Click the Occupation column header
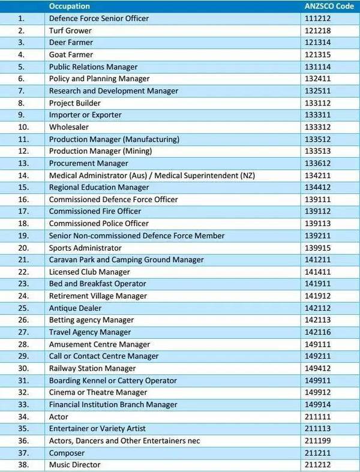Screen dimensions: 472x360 (x=69, y=6)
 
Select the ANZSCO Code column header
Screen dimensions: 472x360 (x=329, y=6)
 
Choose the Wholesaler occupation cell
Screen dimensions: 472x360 (x=68, y=127)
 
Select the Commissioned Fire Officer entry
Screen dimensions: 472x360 (x=95, y=211)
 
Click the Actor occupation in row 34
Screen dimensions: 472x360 (x=59, y=416)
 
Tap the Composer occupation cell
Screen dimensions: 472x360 (x=67, y=453)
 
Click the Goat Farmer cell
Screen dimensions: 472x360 (x=71, y=55)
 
